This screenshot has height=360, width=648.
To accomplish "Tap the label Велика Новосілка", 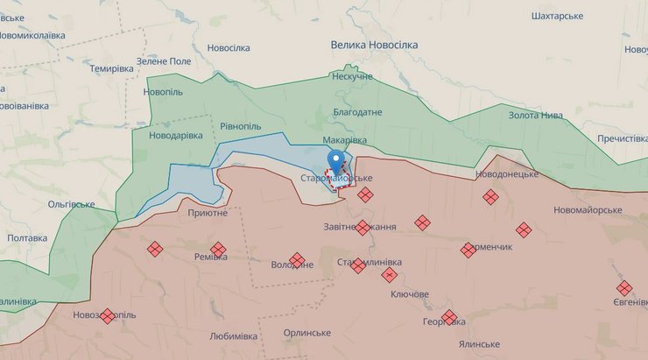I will pyautogui.click(x=374, y=44).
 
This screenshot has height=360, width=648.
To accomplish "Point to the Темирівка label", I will pyautogui.click(x=111, y=68).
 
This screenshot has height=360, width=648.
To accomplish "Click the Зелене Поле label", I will pyautogui.click(x=162, y=60).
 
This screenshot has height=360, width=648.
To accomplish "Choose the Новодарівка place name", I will pyautogui.click(x=176, y=136).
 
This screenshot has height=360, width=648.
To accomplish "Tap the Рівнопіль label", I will pyautogui.click(x=241, y=126).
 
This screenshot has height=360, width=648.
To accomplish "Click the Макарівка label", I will pyautogui.click(x=344, y=140).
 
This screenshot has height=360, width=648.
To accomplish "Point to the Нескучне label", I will pyautogui.click(x=352, y=77).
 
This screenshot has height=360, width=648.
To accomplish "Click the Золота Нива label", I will pyautogui.click(x=536, y=116).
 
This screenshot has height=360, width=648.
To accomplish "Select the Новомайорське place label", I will pyautogui.click(x=588, y=210).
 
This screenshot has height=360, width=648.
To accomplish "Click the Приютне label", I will pyautogui.click(x=208, y=213).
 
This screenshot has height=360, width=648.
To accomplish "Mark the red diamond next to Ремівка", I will pyautogui.click(x=218, y=250).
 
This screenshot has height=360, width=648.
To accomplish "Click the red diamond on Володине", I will pyautogui.click(x=297, y=260).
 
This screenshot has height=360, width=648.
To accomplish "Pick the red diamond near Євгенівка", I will pyautogui.click(x=624, y=287).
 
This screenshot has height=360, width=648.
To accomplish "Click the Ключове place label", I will pyautogui.click(x=409, y=294).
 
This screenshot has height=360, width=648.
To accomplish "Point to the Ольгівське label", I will pyautogui.click(x=72, y=204).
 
